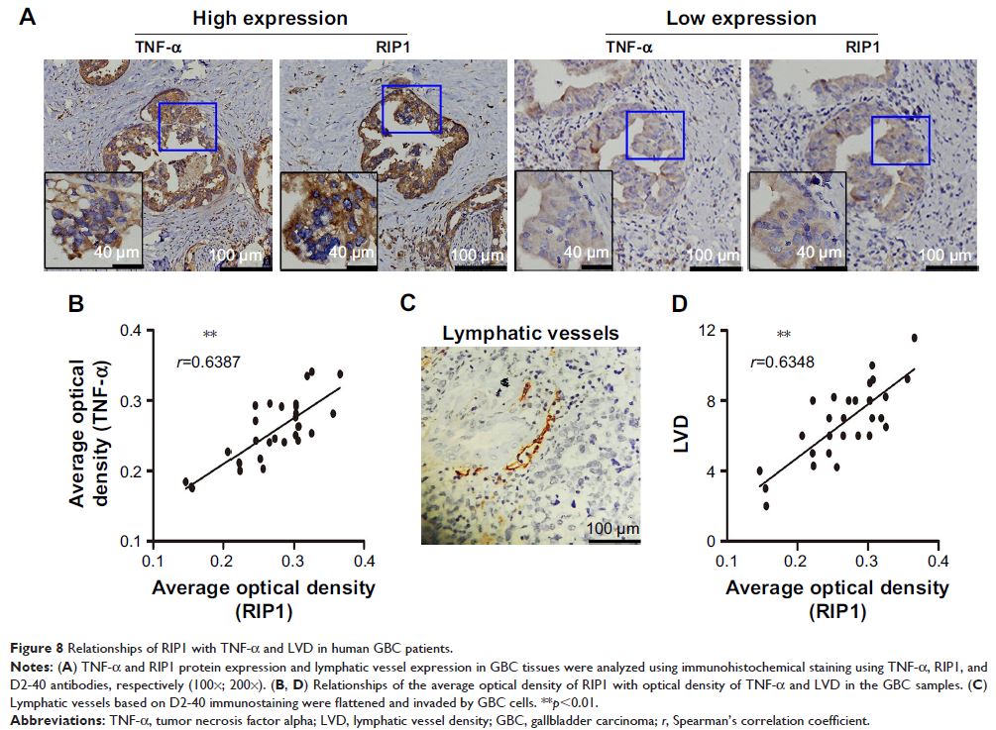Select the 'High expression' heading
(257, 18)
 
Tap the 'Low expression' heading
(728, 18)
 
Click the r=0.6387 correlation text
(207, 363)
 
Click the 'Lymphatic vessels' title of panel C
(530, 334)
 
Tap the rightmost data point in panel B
(340, 374)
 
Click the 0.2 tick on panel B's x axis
(224, 562)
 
